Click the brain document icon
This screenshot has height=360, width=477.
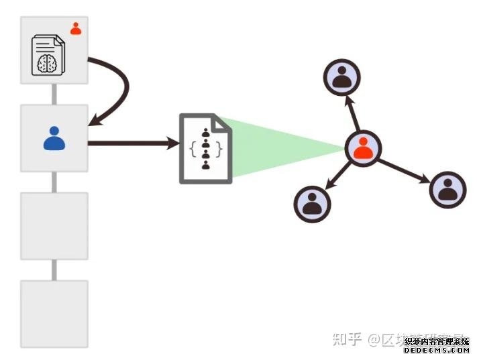(x=48, y=55)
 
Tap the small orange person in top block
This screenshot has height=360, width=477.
(x=76, y=28)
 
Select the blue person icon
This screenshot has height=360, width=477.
(x=54, y=138)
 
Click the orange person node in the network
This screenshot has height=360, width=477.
(x=363, y=148)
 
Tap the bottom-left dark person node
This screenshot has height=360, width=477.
(x=313, y=204)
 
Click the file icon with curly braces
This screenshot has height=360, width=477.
(x=205, y=149)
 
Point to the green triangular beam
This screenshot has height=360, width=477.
(x=282, y=147)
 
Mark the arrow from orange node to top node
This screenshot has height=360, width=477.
(x=352, y=113)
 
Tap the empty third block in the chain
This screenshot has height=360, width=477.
(x=54, y=226)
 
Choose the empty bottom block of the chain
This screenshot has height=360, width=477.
(x=54, y=314)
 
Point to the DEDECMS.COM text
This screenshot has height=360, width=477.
(x=437, y=349)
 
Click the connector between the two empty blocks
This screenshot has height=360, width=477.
(x=54, y=269)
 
